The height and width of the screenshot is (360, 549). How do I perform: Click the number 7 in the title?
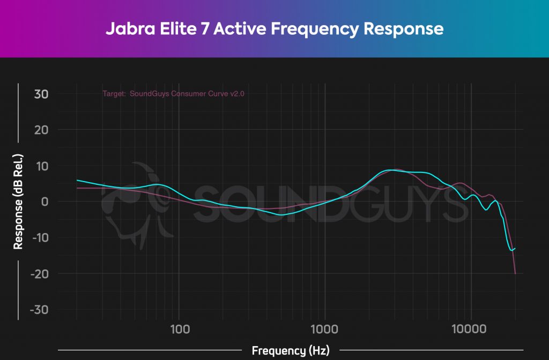click(x=205, y=28)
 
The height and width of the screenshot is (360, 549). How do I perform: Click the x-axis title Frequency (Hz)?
click(x=291, y=351)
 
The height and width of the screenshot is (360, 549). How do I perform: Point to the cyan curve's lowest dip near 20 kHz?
click(x=511, y=250)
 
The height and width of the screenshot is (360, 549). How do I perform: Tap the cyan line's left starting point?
click(x=77, y=181)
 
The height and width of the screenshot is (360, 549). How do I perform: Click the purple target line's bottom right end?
click(x=515, y=273)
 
